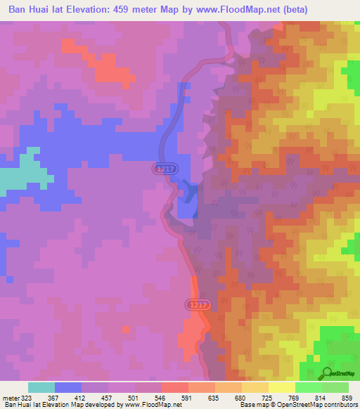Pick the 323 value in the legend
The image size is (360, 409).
[27, 397]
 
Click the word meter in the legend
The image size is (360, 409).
[10, 397]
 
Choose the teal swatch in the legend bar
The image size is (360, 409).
[41, 387]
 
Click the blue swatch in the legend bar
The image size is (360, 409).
[68, 387]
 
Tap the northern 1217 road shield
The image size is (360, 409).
[162, 169]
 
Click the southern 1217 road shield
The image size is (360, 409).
[197, 304]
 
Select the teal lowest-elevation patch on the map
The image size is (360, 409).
[25, 172]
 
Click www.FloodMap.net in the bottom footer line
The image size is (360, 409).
[149, 405]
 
